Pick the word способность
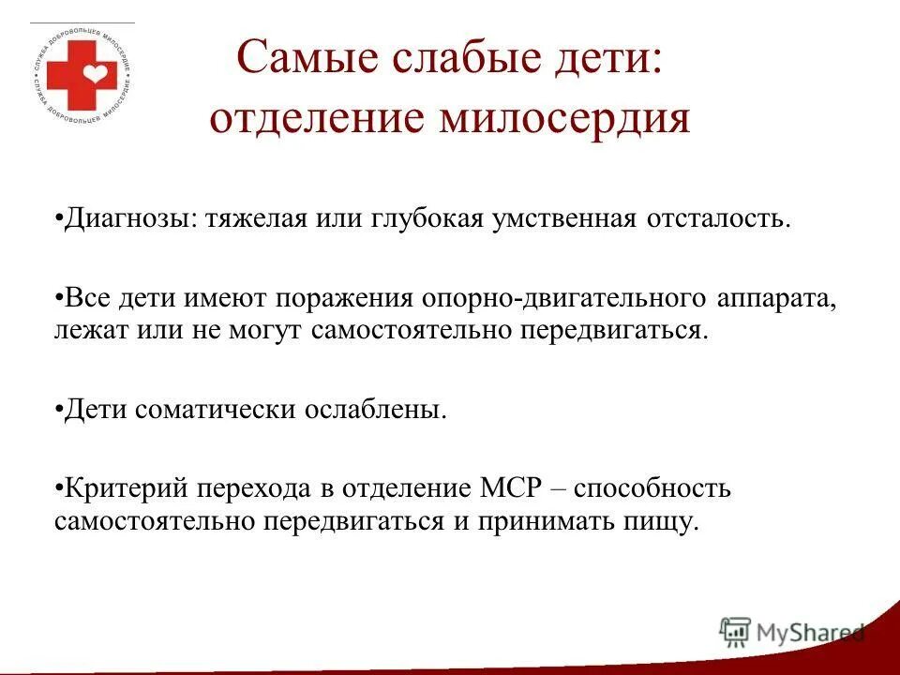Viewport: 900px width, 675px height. pos(652,488)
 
